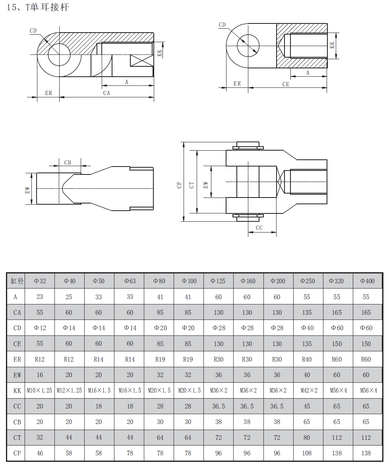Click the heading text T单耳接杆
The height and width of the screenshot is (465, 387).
47,7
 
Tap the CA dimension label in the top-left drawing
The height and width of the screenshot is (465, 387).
106,93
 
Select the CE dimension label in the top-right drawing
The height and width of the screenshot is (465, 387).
286,84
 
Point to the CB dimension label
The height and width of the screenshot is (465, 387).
68,163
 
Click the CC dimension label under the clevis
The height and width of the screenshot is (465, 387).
259,228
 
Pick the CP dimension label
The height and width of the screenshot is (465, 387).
179,185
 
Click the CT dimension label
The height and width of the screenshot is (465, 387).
192,185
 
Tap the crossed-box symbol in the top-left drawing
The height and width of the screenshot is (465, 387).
142,61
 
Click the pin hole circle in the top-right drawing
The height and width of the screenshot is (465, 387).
248,46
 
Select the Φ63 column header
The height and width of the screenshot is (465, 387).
130,281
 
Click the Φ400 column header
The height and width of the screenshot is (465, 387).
367,281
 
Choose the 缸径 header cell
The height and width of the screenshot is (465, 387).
17,281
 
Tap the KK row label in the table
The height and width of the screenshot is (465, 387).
17,391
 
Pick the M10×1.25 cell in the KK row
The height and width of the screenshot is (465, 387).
39,391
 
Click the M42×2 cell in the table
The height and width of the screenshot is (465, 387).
309,391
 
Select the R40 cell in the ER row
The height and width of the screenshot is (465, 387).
307,359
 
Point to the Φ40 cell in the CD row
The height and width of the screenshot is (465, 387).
308,328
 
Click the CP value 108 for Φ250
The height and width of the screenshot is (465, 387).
307,453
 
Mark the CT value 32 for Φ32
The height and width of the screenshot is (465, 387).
40,438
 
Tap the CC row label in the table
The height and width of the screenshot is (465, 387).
17,406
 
